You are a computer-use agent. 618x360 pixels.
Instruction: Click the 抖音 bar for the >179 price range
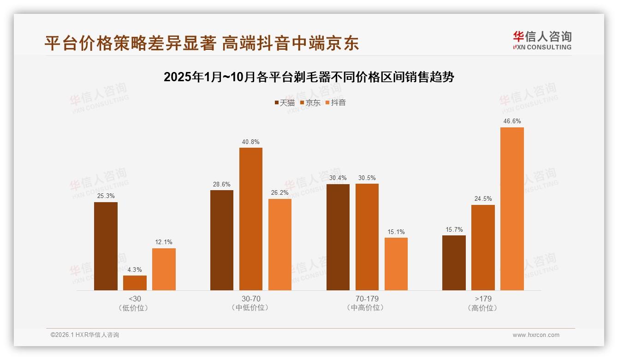pyautogui.click(x=512, y=209)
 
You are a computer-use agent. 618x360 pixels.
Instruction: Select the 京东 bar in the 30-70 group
pyautogui.click(x=250, y=219)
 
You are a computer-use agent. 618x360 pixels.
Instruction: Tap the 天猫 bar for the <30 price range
pyautogui.click(x=106, y=246)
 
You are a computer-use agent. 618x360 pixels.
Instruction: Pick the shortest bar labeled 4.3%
pyautogui.click(x=135, y=282)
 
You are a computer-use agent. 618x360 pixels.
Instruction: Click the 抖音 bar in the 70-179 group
pyautogui.click(x=396, y=264)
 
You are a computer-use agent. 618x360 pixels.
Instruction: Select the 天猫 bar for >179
pyautogui.click(x=454, y=263)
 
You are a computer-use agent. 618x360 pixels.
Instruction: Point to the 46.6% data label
pyautogui.click(x=512, y=121)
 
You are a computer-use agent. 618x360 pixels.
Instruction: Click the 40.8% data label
pyautogui.click(x=250, y=142)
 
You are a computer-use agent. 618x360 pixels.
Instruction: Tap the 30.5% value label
pyautogui.click(x=367, y=178)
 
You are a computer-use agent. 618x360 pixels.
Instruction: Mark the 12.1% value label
pyautogui.click(x=164, y=242)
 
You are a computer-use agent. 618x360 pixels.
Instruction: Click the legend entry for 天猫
pyautogui.click(x=285, y=103)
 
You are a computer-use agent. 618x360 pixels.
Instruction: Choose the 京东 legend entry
pyautogui.click(x=310, y=103)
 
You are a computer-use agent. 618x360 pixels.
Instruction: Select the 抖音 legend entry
pyautogui.click(x=335, y=103)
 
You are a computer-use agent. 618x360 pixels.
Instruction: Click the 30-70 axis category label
pyautogui.click(x=250, y=299)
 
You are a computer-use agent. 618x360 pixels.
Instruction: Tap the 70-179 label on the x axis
pyautogui.click(x=367, y=299)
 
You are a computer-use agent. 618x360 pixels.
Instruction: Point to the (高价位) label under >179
pyautogui.click(x=482, y=308)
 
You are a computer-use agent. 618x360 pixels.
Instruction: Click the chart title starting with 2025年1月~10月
pyautogui.click(x=309, y=77)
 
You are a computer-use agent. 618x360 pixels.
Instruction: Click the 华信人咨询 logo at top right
pyautogui.click(x=542, y=40)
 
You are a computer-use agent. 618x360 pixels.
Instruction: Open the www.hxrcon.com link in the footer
pyautogui.click(x=536, y=335)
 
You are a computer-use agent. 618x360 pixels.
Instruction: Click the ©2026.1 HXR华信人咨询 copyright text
pyautogui.click(x=85, y=335)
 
